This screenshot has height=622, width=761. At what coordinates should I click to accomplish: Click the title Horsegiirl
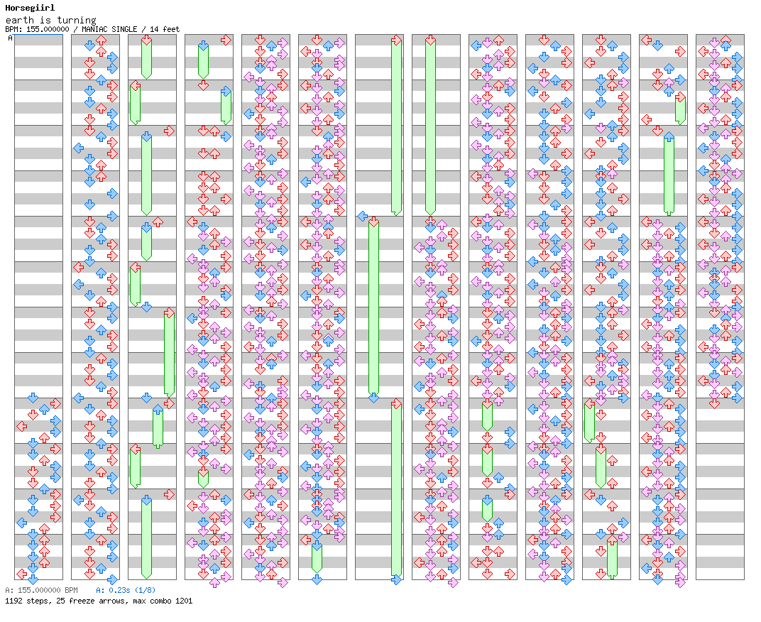30,8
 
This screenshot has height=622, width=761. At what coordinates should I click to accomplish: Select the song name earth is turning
51,20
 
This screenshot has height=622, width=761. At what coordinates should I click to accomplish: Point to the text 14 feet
165,29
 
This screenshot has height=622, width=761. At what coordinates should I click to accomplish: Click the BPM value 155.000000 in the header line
48,29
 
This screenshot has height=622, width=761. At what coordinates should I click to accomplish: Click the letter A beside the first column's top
10,38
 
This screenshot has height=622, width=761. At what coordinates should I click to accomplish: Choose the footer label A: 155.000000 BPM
41,590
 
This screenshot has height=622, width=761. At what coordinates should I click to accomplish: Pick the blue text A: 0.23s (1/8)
126,590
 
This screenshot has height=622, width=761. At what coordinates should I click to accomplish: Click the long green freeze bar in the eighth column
430,127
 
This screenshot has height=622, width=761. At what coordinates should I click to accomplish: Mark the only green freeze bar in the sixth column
317,558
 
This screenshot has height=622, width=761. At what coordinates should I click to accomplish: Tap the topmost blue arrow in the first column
33,398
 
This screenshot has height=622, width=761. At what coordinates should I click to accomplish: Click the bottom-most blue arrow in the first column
33,579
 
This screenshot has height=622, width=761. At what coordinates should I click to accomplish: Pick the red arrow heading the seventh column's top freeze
397,40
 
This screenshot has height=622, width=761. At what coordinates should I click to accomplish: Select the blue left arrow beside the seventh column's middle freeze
362,216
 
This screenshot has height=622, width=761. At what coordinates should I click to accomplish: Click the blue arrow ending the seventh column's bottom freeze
397,579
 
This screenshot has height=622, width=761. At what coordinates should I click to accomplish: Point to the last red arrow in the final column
714,403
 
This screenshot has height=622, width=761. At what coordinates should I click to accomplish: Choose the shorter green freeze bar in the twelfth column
681,110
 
